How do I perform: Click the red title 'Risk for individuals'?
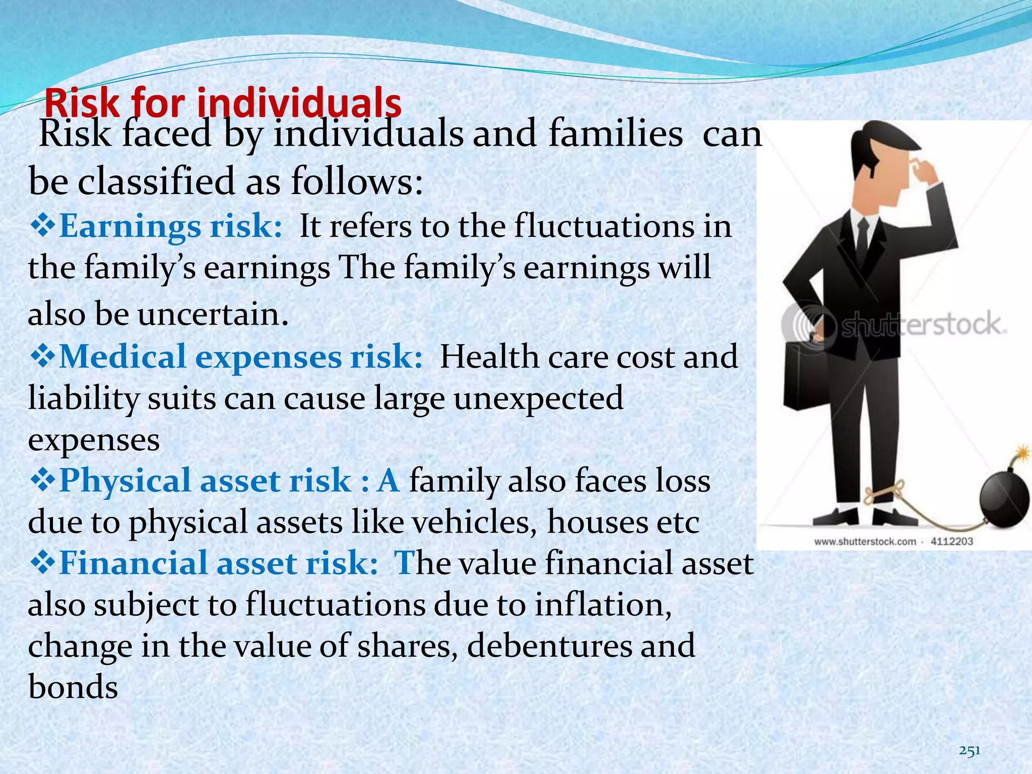coord(223,103)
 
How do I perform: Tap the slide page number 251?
coord(969,751)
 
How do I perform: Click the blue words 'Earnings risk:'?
coord(170,226)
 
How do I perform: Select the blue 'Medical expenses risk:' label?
coord(240,357)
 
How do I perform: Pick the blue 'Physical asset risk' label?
coord(205,480)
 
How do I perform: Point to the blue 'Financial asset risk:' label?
coord(218,563)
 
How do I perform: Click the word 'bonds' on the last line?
coord(74,687)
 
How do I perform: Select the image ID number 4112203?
coord(951,542)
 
